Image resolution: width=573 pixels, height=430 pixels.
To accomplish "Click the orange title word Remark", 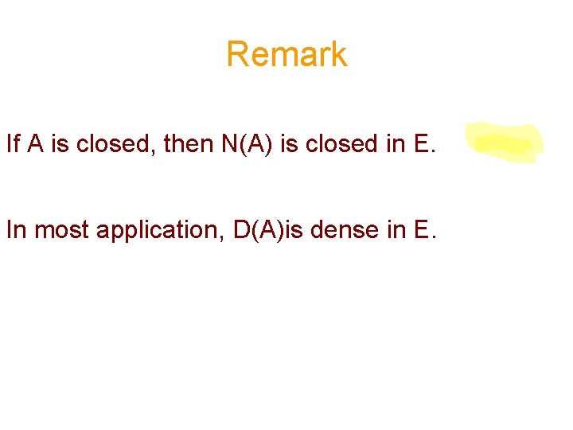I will pyautogui.click(x=286, y=54).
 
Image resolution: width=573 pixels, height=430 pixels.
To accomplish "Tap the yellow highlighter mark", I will pyautogui.click(x=504, y=143).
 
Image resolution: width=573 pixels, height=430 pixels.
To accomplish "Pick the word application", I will pyautogui.click(x=158, y=232).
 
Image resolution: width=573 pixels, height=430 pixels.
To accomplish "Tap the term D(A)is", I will pyautogui.click(x=275, y=231).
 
